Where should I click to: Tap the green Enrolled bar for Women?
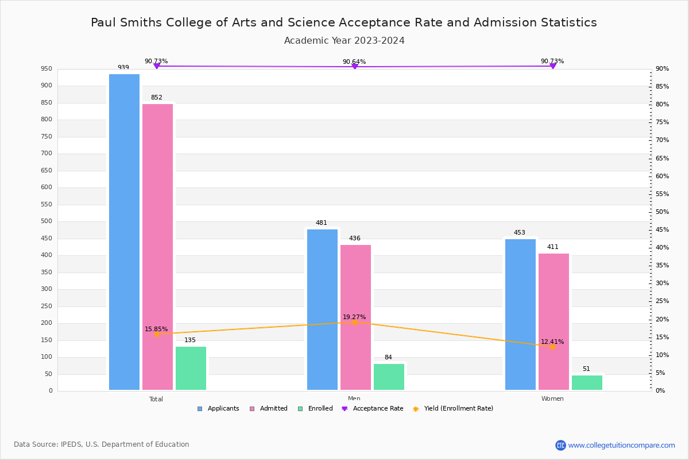587,382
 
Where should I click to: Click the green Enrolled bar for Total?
191,368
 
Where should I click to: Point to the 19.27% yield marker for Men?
354,322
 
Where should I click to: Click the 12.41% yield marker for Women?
552,347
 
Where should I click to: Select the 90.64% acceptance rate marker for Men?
354,67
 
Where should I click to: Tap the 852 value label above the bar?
157,98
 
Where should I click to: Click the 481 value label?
321,223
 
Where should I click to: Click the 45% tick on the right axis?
662,230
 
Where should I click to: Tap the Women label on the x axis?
552,399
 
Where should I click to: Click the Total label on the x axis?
156,399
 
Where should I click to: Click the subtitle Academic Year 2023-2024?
344,41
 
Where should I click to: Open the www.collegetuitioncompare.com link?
621,445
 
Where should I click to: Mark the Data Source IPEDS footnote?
102,444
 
